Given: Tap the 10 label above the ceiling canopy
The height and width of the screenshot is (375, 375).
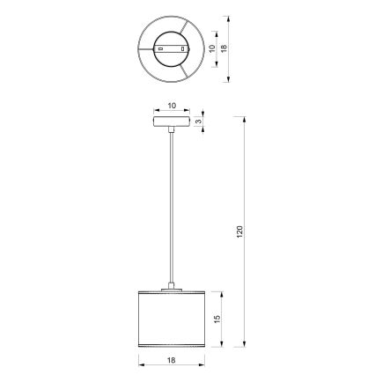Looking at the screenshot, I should tap(173, 103).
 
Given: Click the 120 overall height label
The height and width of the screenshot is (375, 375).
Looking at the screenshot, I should tap(239, 231).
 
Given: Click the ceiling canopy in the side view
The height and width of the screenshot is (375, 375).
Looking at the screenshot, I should tap(173, 117).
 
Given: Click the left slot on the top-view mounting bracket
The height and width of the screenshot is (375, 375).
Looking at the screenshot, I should tap(162, 44).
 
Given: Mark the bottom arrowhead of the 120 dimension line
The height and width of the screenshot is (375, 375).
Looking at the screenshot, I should tap(244, 346).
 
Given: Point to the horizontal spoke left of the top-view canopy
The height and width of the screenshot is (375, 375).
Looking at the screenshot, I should tap(146, 44).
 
